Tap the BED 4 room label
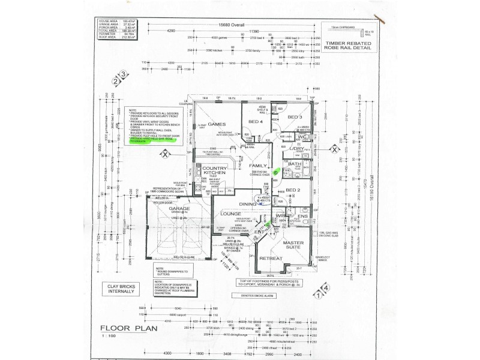[256, 122]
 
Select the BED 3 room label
[295, 117]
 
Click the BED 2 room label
[292, 190]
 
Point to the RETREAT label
[272, 258]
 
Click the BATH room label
[295, 163]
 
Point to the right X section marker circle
[334, 151]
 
